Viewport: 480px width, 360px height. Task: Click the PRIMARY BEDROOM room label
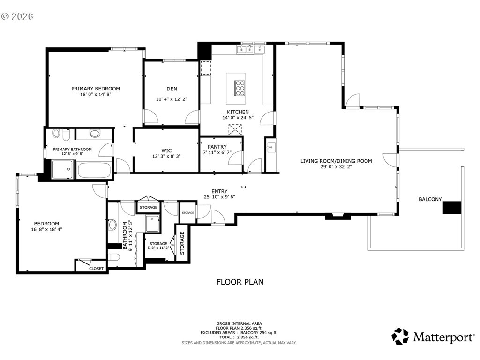96,89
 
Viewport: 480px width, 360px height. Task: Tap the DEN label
172,89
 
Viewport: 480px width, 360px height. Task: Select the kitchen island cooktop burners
240,88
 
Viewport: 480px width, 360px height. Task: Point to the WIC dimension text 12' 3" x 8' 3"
166,156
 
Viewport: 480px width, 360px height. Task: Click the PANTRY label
217,147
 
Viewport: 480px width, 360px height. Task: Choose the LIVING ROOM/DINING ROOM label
336,161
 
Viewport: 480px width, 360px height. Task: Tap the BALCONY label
430,199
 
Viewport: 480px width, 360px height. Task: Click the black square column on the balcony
452,207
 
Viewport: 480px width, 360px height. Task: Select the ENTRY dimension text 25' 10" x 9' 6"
219,197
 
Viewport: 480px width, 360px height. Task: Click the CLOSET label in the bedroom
96,269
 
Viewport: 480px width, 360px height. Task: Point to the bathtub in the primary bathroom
94,170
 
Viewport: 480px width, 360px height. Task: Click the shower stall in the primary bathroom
62,169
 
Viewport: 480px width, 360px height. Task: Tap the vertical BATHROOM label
125,236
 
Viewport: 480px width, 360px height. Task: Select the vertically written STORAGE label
182,243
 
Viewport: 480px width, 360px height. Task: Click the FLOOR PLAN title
240,282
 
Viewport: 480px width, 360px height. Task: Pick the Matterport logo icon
400,336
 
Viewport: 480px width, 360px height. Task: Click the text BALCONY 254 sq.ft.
259,333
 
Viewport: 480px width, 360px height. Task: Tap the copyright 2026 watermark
17,16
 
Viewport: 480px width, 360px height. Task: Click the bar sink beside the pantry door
271,149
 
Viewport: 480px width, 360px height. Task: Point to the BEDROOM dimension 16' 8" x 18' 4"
46,229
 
